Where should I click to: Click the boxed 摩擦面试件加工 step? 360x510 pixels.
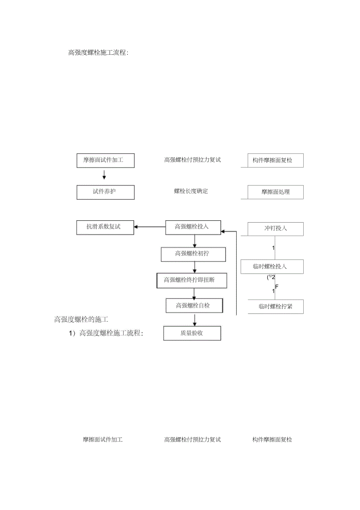point(105,160)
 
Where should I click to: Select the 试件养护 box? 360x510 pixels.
point(105,192)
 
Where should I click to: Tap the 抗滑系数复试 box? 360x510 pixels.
point(105,227)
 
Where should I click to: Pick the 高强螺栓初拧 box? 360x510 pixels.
point(193,254)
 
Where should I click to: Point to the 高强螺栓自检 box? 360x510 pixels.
point(194,306)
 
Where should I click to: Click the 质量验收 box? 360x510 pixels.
point(192,333)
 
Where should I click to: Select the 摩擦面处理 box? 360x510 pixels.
point(275,192)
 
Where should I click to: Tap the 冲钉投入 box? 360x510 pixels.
point(275,229)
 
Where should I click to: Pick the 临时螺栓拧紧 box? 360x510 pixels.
point(275,307)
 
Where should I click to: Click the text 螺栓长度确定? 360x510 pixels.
point(191,191)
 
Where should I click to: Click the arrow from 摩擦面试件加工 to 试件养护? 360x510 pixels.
point(104,175)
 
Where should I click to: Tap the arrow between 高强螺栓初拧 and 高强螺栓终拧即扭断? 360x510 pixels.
point(194,267)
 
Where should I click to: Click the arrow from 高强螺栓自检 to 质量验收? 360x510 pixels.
point(194,319)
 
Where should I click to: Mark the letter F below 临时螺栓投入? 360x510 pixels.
point(277,287)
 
